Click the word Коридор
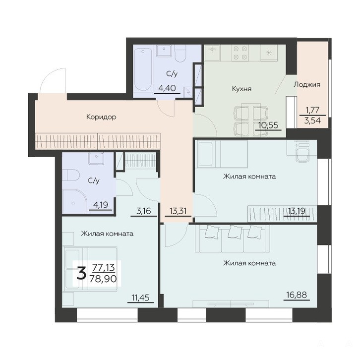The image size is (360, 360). click(101, 117)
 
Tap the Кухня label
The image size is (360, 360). click(241, 89)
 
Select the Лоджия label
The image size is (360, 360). click(307, 84)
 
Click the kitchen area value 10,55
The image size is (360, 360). click(268, 125)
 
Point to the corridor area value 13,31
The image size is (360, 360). click(178, 211)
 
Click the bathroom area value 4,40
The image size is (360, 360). click(167, 88)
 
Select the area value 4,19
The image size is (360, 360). click(101, 205)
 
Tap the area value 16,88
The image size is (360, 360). click(297, 295)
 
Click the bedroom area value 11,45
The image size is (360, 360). click(140, 298)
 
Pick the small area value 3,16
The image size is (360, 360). click(144, 211)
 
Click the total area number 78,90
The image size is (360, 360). click(103, 279)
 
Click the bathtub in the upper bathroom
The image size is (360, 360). click(143, 69)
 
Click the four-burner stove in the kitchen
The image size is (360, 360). click(240, 53)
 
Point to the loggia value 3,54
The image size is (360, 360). click(312, 120)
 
